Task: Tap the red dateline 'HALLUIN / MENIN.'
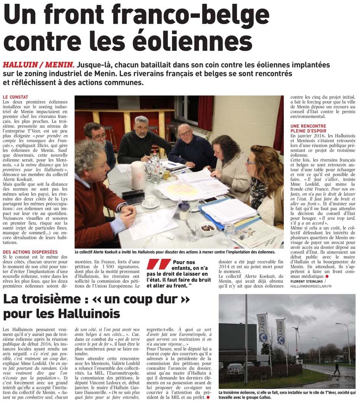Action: (x=39, y=65)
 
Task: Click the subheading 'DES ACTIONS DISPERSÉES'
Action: (x=30, y=252)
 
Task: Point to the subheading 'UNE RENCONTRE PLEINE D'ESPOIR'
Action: (x=309, y=129)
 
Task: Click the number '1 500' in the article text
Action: (x=110, y=266)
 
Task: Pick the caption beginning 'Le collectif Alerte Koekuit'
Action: (x=174, y=252)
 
